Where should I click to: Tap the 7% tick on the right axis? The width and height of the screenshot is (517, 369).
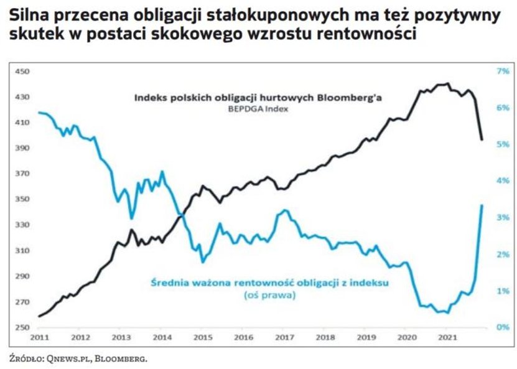click(502, 72)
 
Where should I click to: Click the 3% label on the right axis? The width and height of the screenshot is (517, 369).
click(502, 218)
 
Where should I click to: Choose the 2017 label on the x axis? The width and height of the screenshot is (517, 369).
click(284, 337)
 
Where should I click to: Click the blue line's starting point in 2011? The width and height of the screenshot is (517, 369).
click(39, 112)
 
